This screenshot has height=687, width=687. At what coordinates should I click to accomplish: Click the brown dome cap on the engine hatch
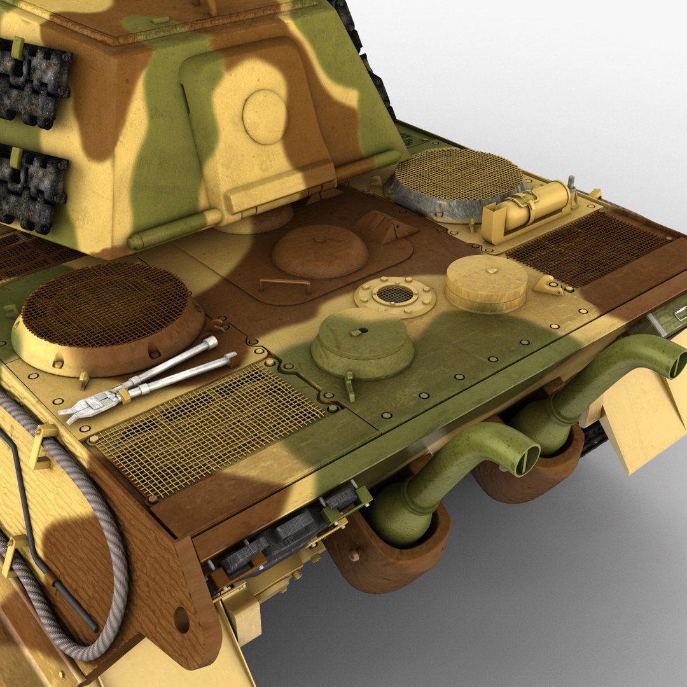[320, 250]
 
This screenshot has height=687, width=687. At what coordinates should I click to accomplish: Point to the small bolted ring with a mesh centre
[394, 295]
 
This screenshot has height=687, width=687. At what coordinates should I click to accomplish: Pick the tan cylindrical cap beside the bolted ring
[487, 283]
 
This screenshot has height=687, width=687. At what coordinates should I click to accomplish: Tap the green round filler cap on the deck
[363, 343]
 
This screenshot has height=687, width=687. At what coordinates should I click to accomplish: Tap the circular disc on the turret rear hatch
[265, 116]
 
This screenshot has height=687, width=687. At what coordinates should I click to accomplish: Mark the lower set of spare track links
[32, 188]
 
